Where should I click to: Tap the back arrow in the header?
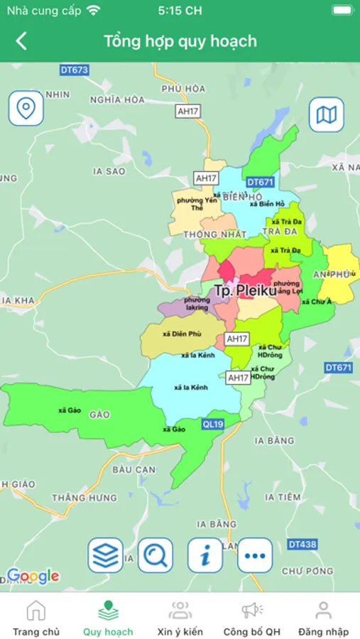tap(21, 41)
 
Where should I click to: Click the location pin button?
tap(26, 109)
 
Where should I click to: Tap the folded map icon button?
tap(326, 115)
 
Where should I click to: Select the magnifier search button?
tap(156, 555)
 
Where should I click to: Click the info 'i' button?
tap(205, 555)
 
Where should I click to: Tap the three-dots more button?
tap(255, 555)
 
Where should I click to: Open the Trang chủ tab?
tap(36, 618)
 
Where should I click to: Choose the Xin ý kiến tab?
tap(180, 618)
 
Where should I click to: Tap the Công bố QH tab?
tap(252, 618)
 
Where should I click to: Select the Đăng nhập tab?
tap(323, 618)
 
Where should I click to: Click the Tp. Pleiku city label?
tap(245, 290)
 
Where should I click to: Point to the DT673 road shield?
tap(75, 70)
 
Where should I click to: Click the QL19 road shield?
tap(213, 424)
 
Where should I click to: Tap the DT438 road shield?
tap(302, 544)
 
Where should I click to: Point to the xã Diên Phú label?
tap(182, 334)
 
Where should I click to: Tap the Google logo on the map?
tap(33, 576)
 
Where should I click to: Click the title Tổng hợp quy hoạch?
tap(180, 41)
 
